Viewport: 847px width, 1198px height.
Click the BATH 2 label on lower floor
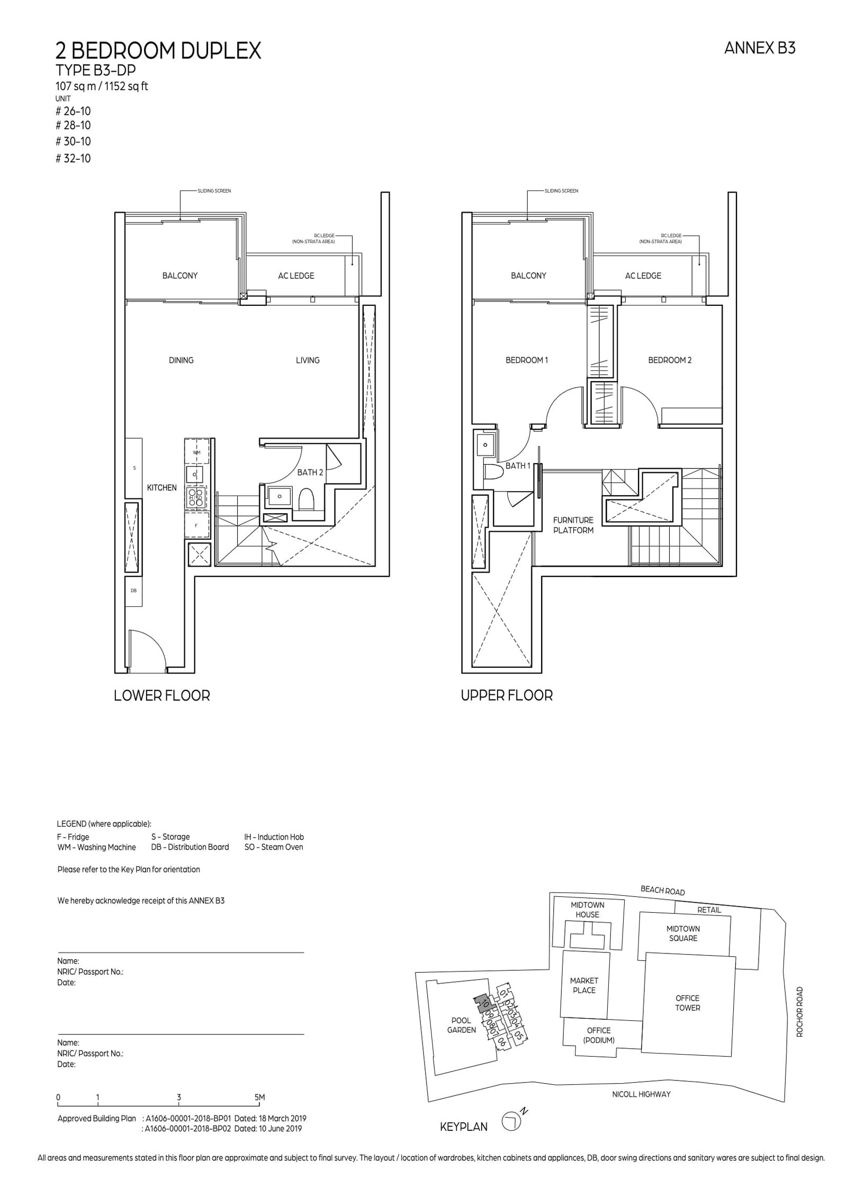[x=310, y=472]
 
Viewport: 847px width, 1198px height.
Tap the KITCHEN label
[x=161, y=487]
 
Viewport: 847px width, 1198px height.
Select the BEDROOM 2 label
[x=670, y=360]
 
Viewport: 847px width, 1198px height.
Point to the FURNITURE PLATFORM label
[x=573, y=525]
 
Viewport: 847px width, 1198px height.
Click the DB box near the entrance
[x=133, y=590]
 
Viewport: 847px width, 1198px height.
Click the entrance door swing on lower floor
[x=148, y=650]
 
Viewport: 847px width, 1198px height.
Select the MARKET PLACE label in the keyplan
[x=584, y=985]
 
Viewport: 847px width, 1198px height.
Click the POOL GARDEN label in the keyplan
[x=461, y=1025]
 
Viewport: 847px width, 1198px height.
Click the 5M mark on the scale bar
[x=259, y=1097]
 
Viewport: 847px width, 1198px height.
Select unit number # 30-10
[x=73, y=141]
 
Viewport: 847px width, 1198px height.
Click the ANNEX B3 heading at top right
[x=759, y=49]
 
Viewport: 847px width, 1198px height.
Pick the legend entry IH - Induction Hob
[x=274, y=837]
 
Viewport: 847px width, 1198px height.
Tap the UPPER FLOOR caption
[x=507, y=695]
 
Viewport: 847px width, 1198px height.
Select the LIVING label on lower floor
[x=308, y=360]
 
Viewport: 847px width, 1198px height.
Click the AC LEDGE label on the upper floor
[x=643, y=276]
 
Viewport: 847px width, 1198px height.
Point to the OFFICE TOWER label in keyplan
[x=687, y=1003]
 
